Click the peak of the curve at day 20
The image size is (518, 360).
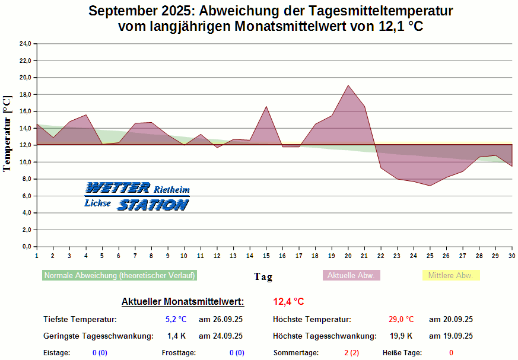click(348, 85)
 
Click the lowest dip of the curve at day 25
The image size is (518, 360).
click(430, 186)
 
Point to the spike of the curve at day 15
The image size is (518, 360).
click(266, 107)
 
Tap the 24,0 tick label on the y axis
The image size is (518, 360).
click(25, 44)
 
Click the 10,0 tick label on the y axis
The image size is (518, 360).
click(25, 162)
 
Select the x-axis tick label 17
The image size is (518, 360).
click(298, 256)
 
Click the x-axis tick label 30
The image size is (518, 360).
click(511, 256)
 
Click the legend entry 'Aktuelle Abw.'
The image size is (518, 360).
click(351, 276)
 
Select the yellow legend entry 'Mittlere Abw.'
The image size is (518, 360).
click(450, 276)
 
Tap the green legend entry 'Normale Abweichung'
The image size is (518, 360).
click(120, 276)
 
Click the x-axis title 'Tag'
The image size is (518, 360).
click(263, 276)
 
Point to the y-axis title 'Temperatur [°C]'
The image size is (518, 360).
click(7, 133)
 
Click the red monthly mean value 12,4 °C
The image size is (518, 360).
click(288, 302)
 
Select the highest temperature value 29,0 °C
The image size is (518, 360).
click(401, 320)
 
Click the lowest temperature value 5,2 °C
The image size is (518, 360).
click(176, 320)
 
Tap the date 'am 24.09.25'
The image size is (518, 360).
click(220, 336)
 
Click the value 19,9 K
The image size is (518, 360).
click(402, 336)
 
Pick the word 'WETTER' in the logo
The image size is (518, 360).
click(117, 188)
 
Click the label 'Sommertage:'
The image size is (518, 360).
click(295, 353)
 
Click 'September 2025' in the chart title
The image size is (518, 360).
click(140, 11)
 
